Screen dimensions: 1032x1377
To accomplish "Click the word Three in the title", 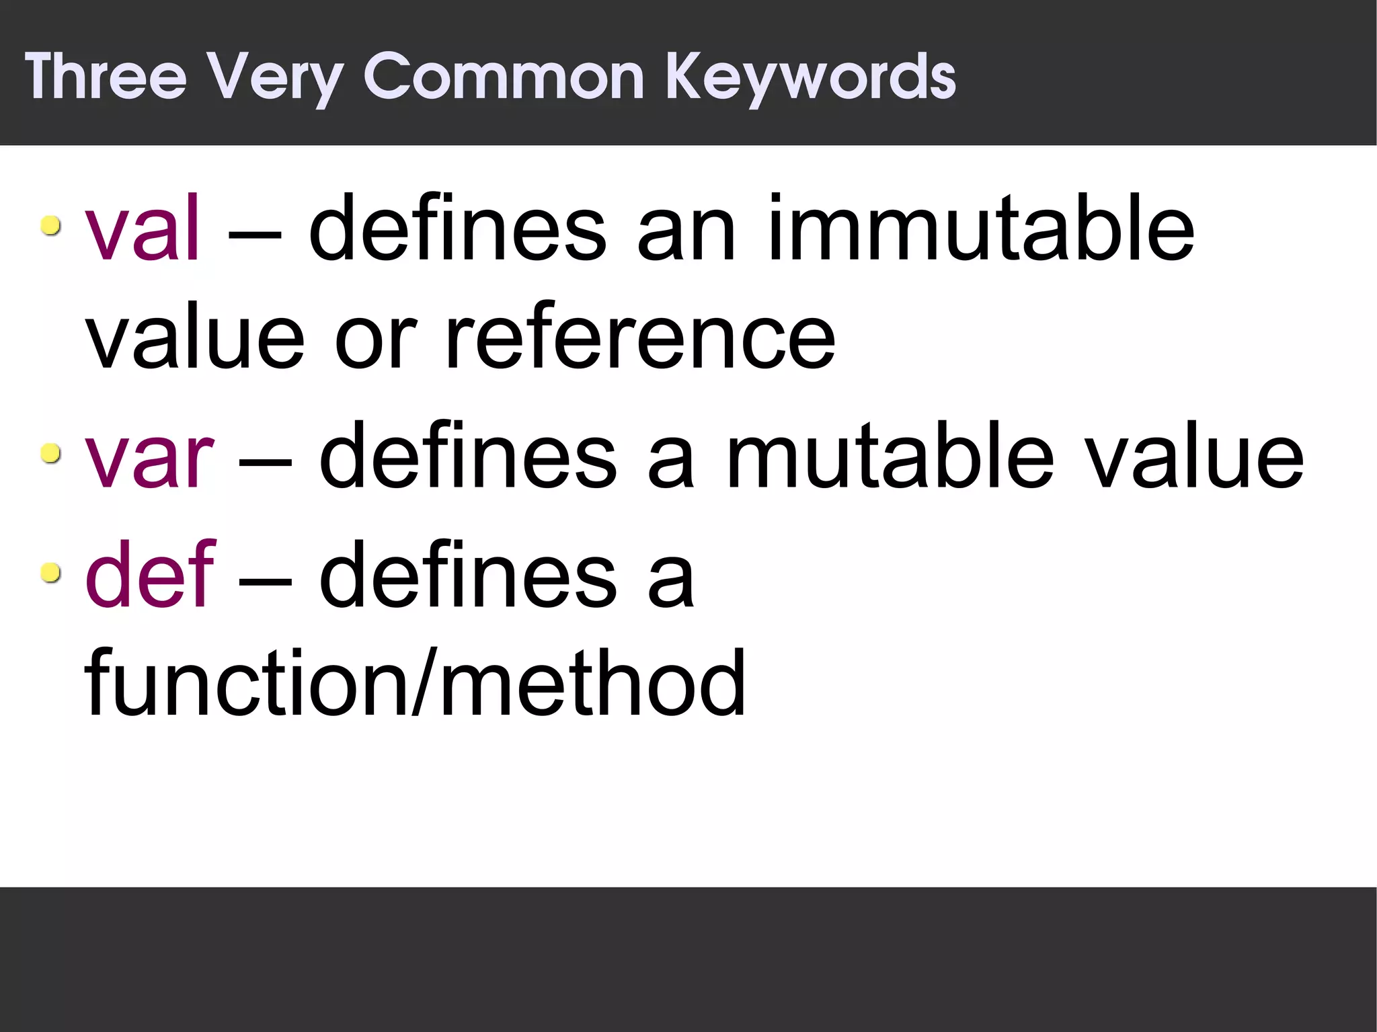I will pos(106,77).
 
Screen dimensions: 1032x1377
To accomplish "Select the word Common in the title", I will pos(504,77).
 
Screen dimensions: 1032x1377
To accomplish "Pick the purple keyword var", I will pos(149,456).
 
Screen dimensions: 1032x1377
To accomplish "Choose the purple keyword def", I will pos(149,574).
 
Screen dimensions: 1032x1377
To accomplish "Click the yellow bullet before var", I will pos(50,454).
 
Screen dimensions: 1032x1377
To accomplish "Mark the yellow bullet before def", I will pos(50,573).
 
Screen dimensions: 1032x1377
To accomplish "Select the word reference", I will pos(640,338).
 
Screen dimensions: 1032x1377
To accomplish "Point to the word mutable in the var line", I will pos(889,456).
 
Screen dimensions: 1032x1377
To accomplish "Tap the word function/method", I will pos(415,683).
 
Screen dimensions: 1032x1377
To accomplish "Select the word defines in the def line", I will pos(467,574).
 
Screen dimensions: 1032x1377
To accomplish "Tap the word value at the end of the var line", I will pos(1195,456).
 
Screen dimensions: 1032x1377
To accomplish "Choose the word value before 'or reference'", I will pos(195,338).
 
